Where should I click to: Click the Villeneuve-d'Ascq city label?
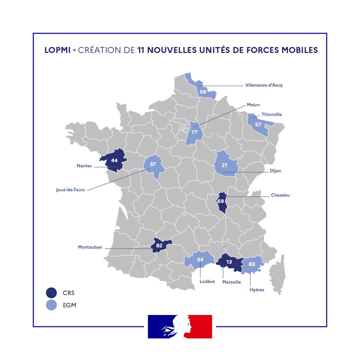tap(263, 85)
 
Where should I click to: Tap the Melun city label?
tap(253, 105)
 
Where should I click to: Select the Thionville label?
tap(272, 114)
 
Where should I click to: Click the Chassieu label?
tap(280, 195)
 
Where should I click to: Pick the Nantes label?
tap(84, 166)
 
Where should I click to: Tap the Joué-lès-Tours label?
tap(70, 190)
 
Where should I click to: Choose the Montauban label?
tap(90, 247)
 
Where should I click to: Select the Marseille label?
tap(231, 282)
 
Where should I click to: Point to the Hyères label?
tap(257, 290)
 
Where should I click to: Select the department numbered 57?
tap(258, 124)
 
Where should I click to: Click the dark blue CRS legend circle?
tap(51, 293)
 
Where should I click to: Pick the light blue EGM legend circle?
tap(51, 305)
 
